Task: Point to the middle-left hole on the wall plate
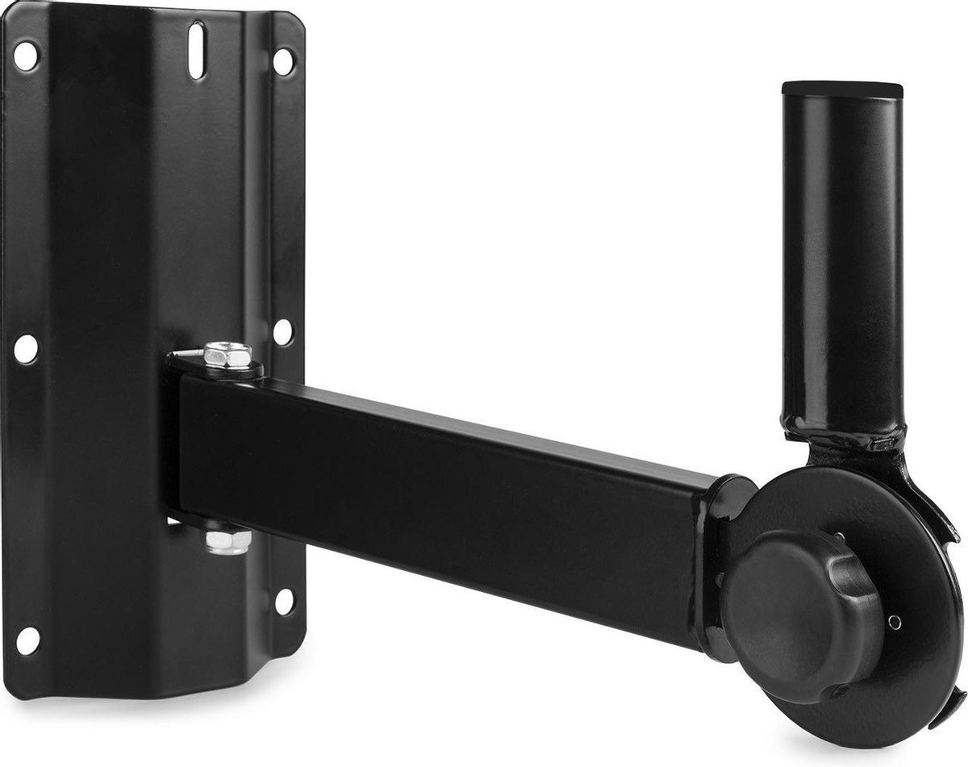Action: pos(26,348)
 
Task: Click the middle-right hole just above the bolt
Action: pos(282,330)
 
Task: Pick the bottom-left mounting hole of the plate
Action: pos(27,640)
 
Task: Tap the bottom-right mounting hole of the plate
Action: pos(283,601)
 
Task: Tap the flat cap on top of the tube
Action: pos(841,86)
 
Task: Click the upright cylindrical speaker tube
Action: pos(841,258)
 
